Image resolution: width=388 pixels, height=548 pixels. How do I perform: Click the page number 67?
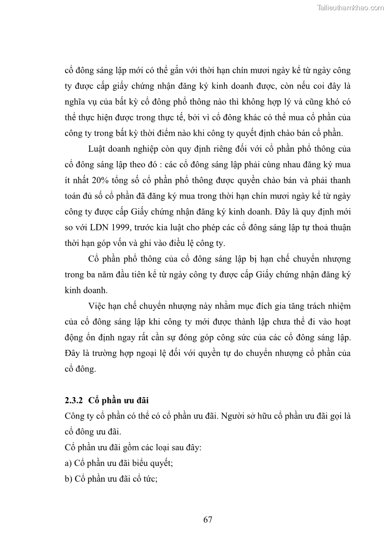pos(208,519)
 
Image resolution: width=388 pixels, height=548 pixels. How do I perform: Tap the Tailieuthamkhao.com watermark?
pos(350,7)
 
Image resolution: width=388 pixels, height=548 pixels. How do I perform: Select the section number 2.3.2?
pos(75,401)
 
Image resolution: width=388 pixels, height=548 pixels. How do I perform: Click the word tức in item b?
pos(149,479)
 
